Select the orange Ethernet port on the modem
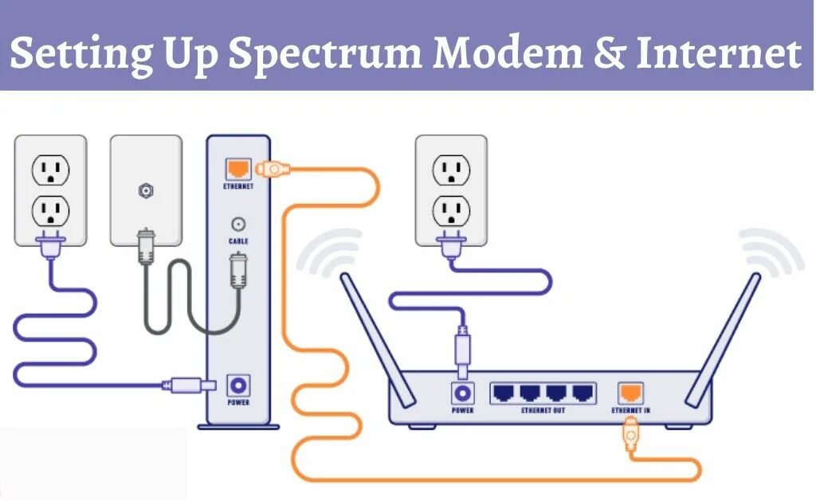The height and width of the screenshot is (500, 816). click(x=238, y=168)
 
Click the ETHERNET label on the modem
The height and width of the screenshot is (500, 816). click(x=238, y=186)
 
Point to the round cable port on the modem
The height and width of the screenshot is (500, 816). click(x=237, y=225)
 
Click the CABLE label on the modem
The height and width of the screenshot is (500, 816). click(x=238, y=240)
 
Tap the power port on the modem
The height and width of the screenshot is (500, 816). click(x=237, y=386)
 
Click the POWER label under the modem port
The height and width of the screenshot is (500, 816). click(x=237, y=403)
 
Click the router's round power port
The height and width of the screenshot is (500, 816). click(x=462, y=393)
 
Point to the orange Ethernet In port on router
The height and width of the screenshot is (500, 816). click(x=631, y=392)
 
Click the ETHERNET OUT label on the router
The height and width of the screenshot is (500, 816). click(x=544, y=411)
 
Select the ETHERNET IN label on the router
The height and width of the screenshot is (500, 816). click(x=630, y=411)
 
